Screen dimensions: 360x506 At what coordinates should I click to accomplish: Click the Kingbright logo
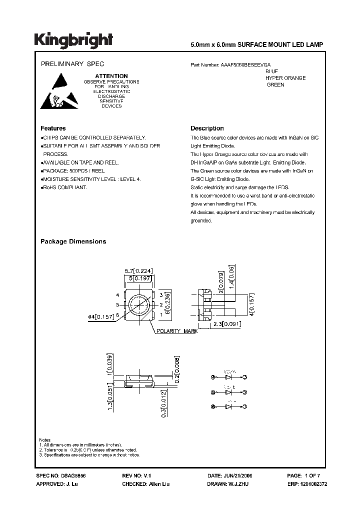pos(73,40)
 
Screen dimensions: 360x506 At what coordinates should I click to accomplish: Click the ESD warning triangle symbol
pos(59,91)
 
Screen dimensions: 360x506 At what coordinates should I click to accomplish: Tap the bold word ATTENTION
pos(111,76)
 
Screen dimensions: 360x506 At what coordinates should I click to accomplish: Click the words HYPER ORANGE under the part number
pos(285,78)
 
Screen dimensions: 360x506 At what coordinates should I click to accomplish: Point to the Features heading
pos(53,128)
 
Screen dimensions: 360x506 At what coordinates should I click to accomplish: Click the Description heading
pos(207,128)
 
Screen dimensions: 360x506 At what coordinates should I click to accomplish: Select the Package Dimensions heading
pos(73,241)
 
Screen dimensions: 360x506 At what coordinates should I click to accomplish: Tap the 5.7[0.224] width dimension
pos(138,270)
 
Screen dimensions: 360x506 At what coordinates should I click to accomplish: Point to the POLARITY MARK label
pos(177,331)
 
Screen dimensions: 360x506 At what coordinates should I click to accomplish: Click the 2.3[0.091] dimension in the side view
pos(228,324)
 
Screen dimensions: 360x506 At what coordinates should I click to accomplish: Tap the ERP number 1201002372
pos(311,485)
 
